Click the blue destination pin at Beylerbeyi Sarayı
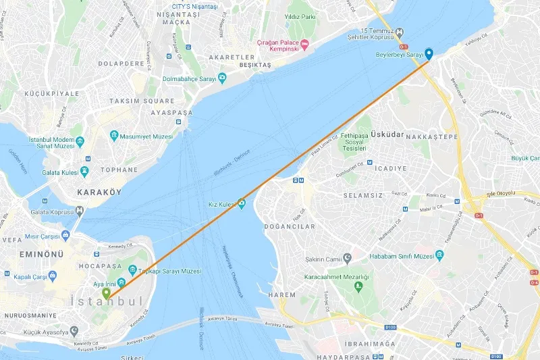tap(428, 53)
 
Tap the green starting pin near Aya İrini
tap(106, 294)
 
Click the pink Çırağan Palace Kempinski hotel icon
tap(304, 45)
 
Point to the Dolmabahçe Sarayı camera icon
tap(221, 78)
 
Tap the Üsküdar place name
tap(387, 134)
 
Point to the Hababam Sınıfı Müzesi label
tap(401, 256)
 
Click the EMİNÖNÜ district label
tap(41, 254)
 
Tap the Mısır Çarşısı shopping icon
tap(65, 236)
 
